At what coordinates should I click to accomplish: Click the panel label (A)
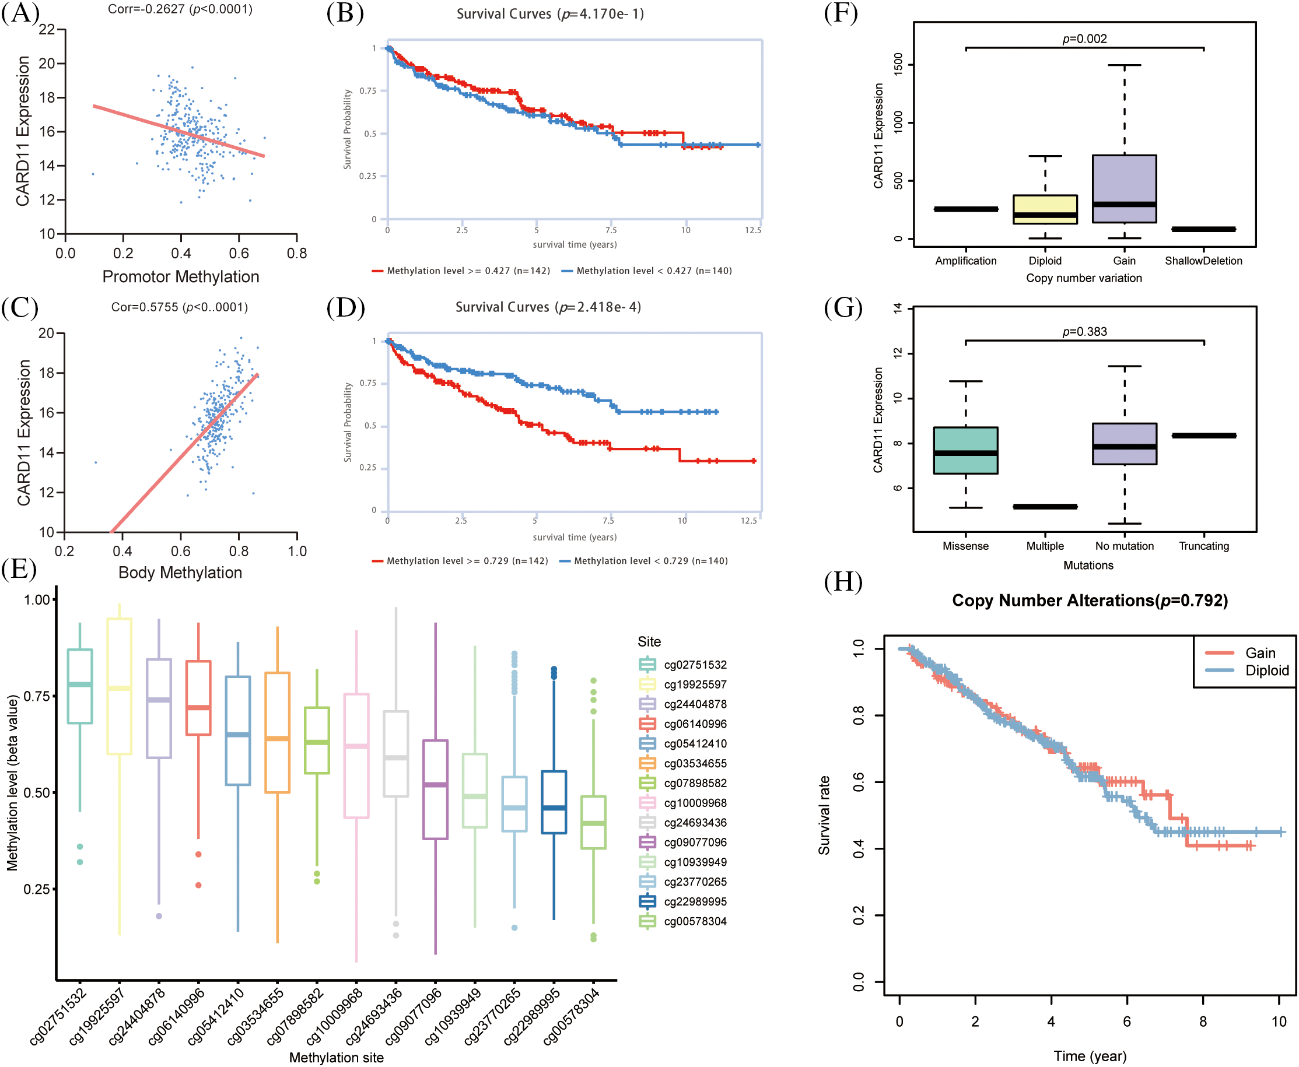click(20, 12)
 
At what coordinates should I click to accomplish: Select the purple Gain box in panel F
click(1124, 188)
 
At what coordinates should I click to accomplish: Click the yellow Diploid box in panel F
click(1045, 209)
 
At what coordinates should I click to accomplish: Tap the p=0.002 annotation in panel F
click(1084, 38)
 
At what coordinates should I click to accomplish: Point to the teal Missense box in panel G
click(965, 450)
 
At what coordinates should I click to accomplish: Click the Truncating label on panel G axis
click(1203, 546)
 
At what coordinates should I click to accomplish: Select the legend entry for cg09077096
click(695, 842)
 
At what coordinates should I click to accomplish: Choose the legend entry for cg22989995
click(695, 901)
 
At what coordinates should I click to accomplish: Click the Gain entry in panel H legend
click(1260, 653)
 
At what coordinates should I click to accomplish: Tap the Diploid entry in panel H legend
click(1266, 670)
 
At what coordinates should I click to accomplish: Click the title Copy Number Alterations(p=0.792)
click(1090, 601)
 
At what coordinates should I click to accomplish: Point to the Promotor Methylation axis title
click(181, 276)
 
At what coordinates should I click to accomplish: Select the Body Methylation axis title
click(180, 572)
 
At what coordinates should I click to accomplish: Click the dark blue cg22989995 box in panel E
click(554, 802)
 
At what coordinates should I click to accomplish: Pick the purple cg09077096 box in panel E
click(435, 789)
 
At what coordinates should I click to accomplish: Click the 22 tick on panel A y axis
click(47, 30)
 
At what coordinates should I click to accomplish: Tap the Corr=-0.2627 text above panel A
click(180, 9)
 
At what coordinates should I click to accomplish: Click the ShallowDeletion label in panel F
click(1203, 261)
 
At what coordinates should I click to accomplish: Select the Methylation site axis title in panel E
click(337, 1057)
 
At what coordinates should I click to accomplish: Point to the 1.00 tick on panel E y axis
click(37, 599)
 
